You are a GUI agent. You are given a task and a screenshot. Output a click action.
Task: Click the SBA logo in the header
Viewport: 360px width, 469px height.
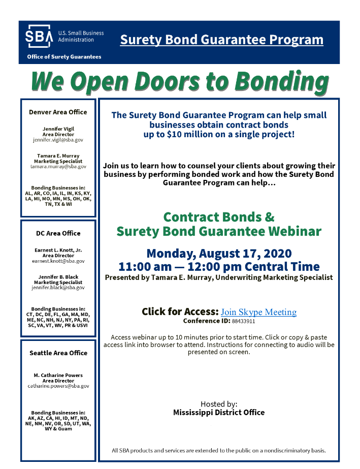coord(39,37)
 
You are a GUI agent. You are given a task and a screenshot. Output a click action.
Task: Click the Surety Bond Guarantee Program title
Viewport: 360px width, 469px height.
coord(221,40)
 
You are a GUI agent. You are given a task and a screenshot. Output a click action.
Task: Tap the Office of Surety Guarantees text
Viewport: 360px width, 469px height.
coord(64,57)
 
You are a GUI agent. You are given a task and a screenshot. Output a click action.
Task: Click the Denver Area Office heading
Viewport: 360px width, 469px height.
coord(58,112)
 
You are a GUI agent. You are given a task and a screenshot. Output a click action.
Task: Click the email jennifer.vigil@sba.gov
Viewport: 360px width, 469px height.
coord(58,139)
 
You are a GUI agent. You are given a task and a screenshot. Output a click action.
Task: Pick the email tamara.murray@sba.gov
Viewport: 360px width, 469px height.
coord(58,166)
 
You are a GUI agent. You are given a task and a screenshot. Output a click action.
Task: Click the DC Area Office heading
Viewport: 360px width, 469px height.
coord(58,233)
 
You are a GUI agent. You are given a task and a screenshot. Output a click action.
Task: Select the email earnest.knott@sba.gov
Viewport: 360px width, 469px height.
coord(58,261)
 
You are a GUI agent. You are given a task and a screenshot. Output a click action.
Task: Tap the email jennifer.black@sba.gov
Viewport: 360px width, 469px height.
coord(58,288)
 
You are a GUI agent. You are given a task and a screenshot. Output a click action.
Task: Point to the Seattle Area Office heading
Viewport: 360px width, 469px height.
coord(58,353)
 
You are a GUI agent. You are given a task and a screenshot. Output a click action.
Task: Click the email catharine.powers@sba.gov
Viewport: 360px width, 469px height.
coord(58,386)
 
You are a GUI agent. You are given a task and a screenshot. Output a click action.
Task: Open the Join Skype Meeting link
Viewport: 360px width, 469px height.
coord(258,312)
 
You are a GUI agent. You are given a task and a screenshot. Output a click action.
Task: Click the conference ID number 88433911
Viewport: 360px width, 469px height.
coord(243,322)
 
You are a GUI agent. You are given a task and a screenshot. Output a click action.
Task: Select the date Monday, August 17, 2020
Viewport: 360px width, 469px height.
coord(219,254)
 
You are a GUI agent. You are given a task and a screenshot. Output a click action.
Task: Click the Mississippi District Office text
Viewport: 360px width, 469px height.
coord(219,413)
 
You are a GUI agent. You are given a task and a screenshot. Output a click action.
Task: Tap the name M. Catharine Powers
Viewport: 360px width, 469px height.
coord(58,376)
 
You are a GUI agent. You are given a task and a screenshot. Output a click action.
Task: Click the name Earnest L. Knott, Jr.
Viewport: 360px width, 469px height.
coord(58,251)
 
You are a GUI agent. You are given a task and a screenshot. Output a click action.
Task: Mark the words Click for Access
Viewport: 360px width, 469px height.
coord(180,311)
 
